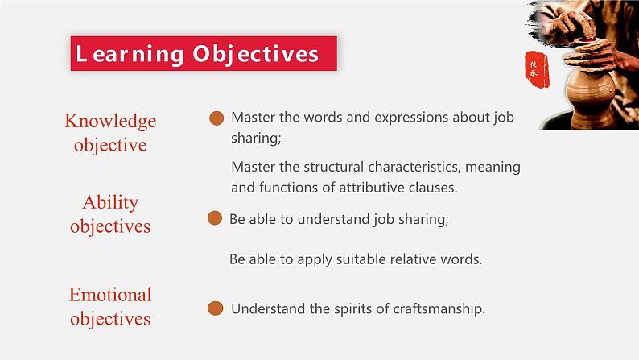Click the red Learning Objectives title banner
point(203,54)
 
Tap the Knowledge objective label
point(110,133)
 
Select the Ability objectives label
point(110,214)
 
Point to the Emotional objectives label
point(110,306)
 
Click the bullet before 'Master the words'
point(216,118)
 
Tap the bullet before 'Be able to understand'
point(214,218)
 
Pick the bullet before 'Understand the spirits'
point(215,308)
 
